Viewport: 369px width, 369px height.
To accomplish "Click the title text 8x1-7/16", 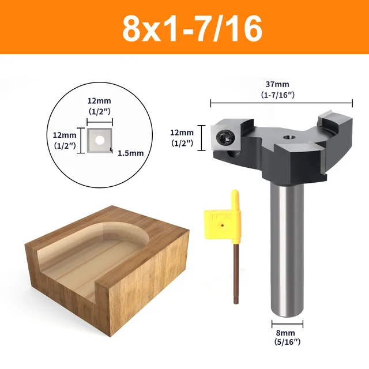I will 184,27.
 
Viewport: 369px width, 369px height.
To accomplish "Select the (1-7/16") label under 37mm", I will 281,94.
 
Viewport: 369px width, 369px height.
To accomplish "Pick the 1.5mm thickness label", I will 130,153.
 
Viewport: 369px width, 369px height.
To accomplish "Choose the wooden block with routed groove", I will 107,259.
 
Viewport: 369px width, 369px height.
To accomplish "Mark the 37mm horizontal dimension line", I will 281,104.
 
